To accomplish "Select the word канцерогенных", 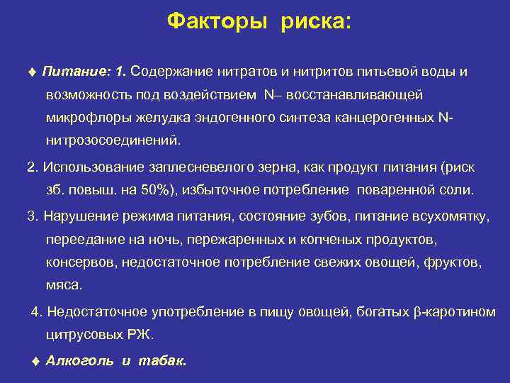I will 387,117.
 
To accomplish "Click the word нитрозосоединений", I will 113,140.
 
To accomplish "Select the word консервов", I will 81,262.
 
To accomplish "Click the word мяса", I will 64,285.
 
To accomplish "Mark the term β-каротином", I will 454,311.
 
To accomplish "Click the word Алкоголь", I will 79,361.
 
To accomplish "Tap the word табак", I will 162,361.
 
